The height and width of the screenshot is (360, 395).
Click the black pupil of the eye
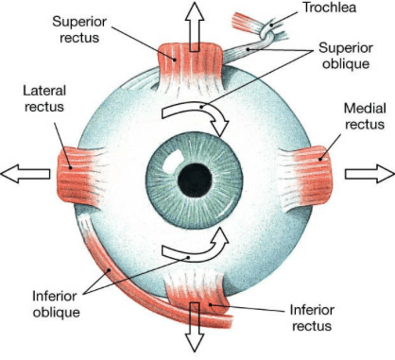pyautogui.click(x=195, y=180)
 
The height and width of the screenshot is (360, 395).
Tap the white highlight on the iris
pyautogui.click(x=173, y=159)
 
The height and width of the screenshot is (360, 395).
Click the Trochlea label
pyautogui.click(x=329, y=8)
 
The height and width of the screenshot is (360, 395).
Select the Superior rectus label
pyautogui.click(x=79, y=29)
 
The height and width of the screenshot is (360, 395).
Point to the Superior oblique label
pyautogui.click(x=346, y=56)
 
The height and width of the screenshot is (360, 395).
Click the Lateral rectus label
pyautogui.click(x=44, y=99)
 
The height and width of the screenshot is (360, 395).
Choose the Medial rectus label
pyautogui.click(x=365, y=116)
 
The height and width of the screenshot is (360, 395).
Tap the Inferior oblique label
pyautogui.click(x=56, y=304)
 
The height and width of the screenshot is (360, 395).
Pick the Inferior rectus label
pyautogui.click(x=312, y=317)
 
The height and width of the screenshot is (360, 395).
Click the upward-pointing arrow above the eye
pyautogui.click(x=195, y=26)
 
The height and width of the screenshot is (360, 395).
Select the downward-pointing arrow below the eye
pyautogui.click(x=195, y=327)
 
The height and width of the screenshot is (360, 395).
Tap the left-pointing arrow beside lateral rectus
pyautogui.click(x=26, y=174)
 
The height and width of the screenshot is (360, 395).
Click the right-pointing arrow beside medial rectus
pyautogui.click(x=369, y=174)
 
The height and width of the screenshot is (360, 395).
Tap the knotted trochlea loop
pyautogui.click(x=266, y=32)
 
